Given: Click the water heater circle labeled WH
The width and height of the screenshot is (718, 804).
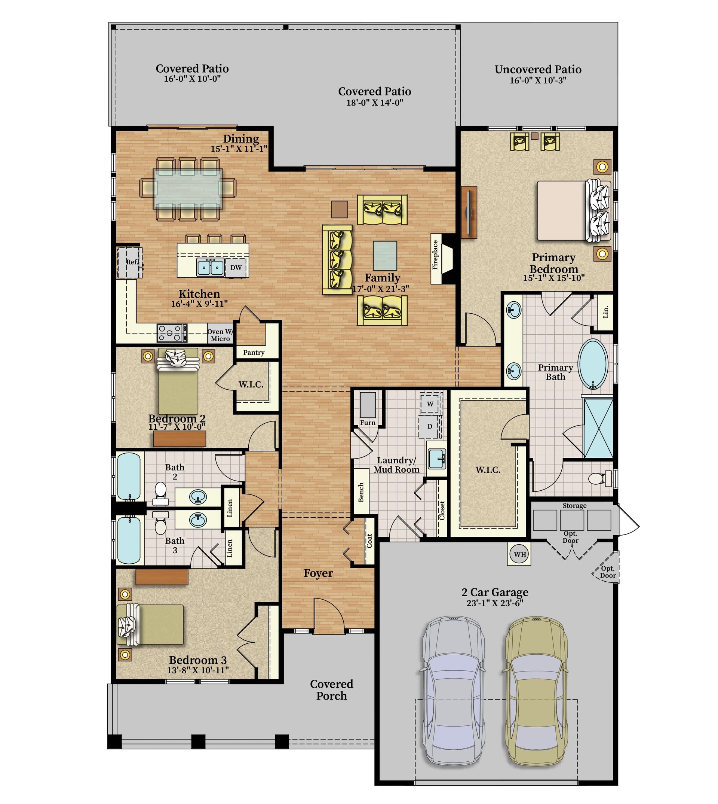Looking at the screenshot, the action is (x=520, y=554).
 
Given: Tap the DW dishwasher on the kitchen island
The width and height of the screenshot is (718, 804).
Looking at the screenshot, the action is (x=236, y=267).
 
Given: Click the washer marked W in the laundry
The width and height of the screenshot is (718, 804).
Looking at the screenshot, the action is (x=430, y=403).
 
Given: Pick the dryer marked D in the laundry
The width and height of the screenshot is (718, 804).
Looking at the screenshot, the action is (x=430, y=426).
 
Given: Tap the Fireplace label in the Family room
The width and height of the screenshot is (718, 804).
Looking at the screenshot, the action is (x=435, y=255).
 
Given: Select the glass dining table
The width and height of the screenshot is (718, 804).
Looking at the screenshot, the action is (x=188, y=189).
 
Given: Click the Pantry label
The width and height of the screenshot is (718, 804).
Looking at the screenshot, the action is (x=254, y=352).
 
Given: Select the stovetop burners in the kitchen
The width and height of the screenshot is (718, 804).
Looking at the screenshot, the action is (x=172, y=332).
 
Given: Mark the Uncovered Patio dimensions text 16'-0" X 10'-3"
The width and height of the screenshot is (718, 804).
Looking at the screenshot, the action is (x=538, y=80).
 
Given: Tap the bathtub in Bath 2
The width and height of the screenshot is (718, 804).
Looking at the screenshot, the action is (x=129, y=476).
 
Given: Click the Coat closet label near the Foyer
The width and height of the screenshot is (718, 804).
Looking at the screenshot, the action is (x=369, y=540).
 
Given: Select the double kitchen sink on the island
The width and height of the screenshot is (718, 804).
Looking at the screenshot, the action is (x=211, y=267).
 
